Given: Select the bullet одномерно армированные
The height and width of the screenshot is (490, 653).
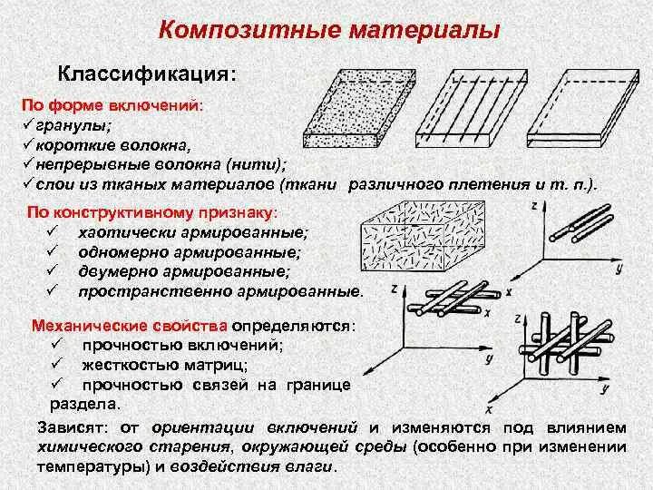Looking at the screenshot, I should [189, 252].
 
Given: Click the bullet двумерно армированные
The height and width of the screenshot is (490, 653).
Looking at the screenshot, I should [184, 271].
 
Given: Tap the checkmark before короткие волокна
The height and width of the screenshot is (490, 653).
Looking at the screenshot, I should [28, 144].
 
